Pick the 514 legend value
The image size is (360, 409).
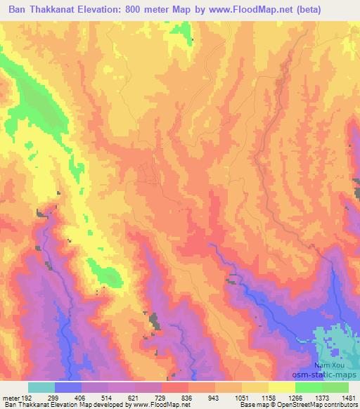point(108,398)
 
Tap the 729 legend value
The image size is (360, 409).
point(161,398)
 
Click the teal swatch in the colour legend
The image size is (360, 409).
point(41,387)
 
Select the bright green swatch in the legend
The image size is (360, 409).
point(309,387)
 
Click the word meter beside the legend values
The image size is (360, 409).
point(10,398)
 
